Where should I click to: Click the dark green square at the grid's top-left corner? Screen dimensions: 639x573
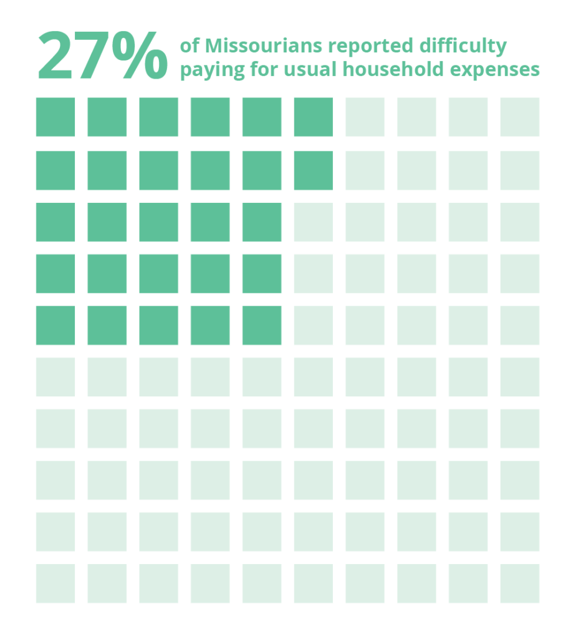pos(55,117)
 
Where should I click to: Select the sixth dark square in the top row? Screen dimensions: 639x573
pos(314,117)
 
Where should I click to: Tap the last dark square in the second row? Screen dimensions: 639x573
pos(314,170)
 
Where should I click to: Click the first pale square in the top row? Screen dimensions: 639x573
pos(365,117)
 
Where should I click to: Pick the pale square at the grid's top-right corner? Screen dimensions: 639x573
pos(519,117)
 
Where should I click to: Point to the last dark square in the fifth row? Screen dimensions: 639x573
pos(262,325)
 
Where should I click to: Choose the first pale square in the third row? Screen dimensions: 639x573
pos(314,222)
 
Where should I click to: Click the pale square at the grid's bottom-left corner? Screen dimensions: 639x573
pos(55,583)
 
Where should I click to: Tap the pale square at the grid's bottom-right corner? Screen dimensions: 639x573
pos(519,583)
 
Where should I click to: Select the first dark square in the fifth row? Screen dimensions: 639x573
pos(55,325)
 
